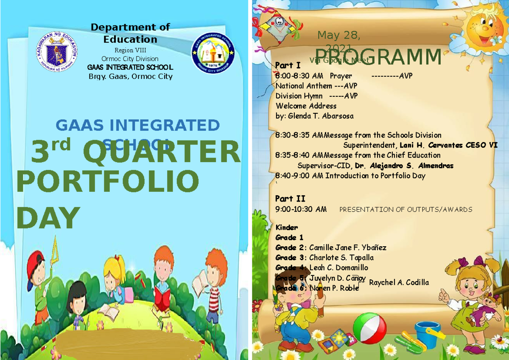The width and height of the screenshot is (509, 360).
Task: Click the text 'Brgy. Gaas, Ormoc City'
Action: click(x=130, y=77)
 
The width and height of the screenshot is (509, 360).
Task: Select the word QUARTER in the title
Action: click(x=161, y=152)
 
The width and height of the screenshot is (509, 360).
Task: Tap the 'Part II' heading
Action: click(x=290, y=199)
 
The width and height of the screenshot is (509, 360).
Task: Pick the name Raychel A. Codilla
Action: click(x=399, y=283)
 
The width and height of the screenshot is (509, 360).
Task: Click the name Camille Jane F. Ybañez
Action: click(x=347, y=247)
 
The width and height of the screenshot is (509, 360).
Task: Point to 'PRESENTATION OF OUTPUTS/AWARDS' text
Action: click(x=406, y=210)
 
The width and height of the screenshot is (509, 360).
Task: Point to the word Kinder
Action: click(x=287, y=228)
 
